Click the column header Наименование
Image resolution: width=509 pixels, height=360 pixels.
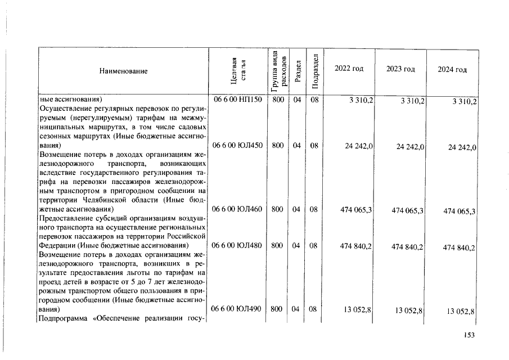point(123,71)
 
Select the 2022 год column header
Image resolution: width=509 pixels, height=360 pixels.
point(349,68)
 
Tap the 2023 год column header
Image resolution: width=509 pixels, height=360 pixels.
point(400,69)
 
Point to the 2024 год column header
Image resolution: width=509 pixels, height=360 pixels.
point(452,69)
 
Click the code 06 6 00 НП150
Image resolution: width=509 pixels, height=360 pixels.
point(236,101)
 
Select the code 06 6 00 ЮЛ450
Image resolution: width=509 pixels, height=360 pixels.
point(236,145)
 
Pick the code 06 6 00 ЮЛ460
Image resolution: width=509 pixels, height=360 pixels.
point(236,209)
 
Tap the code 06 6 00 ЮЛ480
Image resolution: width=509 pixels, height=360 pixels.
point(236,246)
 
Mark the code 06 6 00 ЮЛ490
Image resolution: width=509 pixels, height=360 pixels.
point(236,309)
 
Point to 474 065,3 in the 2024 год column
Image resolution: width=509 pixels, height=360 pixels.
point(460,211)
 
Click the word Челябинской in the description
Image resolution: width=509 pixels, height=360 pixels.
point(104,200)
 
